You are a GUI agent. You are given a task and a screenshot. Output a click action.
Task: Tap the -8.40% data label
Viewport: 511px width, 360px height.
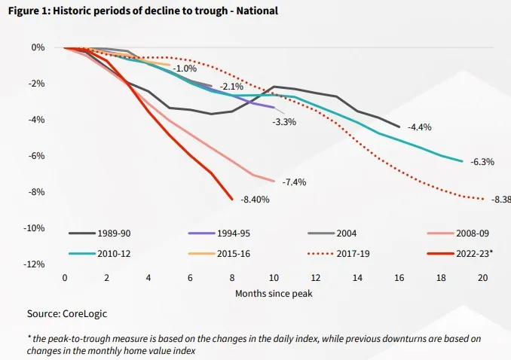tap(254, 200)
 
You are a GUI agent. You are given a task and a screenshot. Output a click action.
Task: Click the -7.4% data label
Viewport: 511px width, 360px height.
tap(294, 182)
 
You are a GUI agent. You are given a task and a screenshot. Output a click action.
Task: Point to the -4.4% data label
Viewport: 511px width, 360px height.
tap(419, 127)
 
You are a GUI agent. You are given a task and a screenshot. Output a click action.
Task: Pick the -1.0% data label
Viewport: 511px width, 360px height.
tap(185, 69)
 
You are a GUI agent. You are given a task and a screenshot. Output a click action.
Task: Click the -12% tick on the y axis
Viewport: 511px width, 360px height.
tap(34, 264)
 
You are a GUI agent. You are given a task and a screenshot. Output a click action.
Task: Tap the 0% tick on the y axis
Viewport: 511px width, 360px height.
tap(38, 47)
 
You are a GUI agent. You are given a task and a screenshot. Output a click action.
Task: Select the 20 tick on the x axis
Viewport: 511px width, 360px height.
tap(482, 278)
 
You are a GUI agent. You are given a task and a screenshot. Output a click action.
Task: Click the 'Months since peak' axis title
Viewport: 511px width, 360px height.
tap(273, 293)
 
